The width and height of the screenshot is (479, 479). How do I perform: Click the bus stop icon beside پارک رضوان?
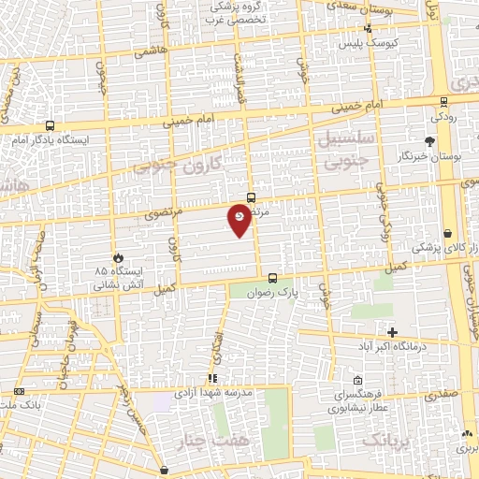(272, 278)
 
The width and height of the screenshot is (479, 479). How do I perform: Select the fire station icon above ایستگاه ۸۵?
(117, 257)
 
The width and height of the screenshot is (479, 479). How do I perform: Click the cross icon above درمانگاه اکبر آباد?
(392, 333)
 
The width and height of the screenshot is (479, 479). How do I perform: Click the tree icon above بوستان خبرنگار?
(429, 141)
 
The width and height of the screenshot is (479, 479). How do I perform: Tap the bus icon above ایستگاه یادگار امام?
(49, 125)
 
